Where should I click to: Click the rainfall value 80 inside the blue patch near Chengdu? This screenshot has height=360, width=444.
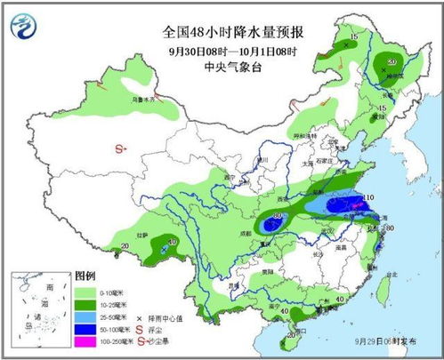coord(279,216)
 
